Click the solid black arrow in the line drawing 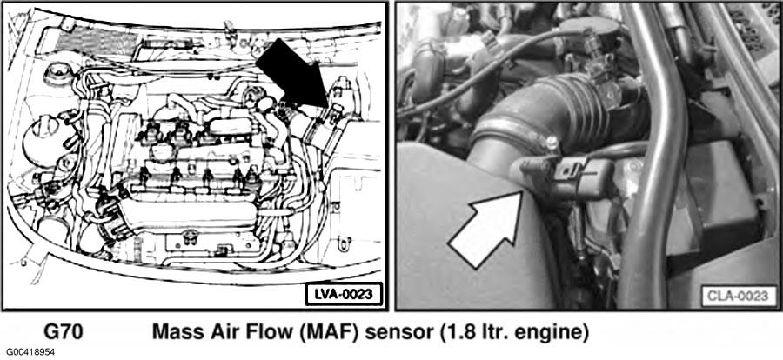(x=293, y=75)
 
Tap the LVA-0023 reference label (x=344, y=294)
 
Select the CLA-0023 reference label (x=737, y=297)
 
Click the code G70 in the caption (x=64, y=332)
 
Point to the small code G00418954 (x=31, y=352)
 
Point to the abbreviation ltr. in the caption (x=492, y=332)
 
